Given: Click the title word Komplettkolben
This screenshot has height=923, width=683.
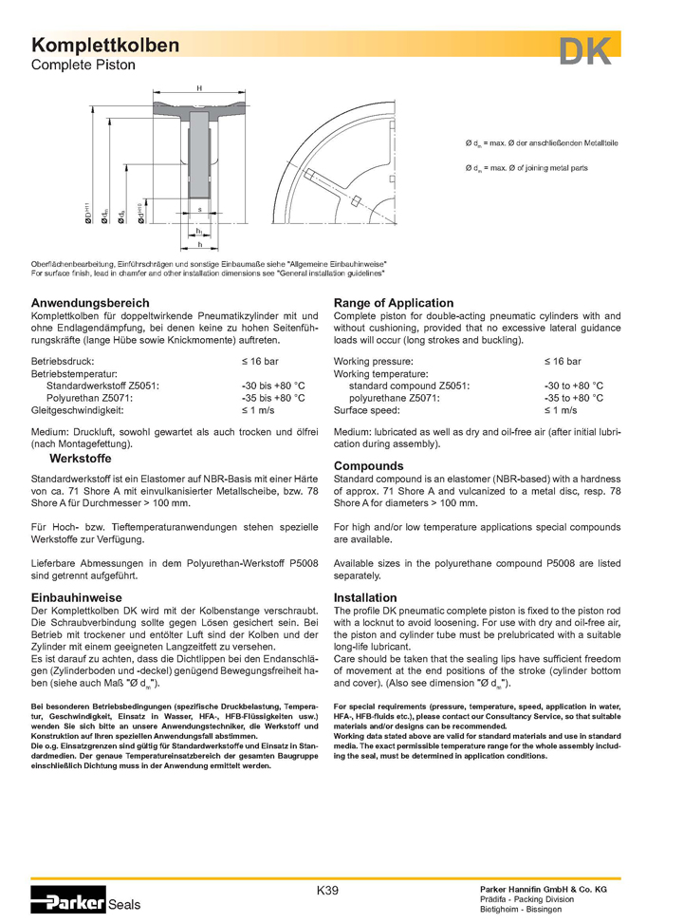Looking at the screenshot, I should [x=105, y=46].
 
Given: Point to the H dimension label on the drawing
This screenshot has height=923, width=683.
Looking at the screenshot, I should [x=199, y=88].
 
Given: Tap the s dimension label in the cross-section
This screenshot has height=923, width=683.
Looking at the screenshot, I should [x=199, y=208].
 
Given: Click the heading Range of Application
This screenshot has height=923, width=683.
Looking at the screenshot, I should [x=394, y=303].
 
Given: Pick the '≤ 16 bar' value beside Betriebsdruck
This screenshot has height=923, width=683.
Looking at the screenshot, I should [x=259, y=362].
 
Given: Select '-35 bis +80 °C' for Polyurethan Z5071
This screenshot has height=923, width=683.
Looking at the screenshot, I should [x=273, y=399].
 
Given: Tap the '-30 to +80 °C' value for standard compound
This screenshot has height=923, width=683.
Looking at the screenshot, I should [x=574, y=386].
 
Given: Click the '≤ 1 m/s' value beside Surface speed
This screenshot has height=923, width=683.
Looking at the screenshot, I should [x=561, y=410].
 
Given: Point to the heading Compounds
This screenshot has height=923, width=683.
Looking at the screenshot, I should [x=368, y=466].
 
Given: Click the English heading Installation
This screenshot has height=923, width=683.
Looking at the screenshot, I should [x=365, y=598].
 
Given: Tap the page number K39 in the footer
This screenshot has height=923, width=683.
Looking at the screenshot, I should [x=327, y=890].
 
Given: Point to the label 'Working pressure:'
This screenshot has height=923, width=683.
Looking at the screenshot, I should [x=373, y=362].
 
